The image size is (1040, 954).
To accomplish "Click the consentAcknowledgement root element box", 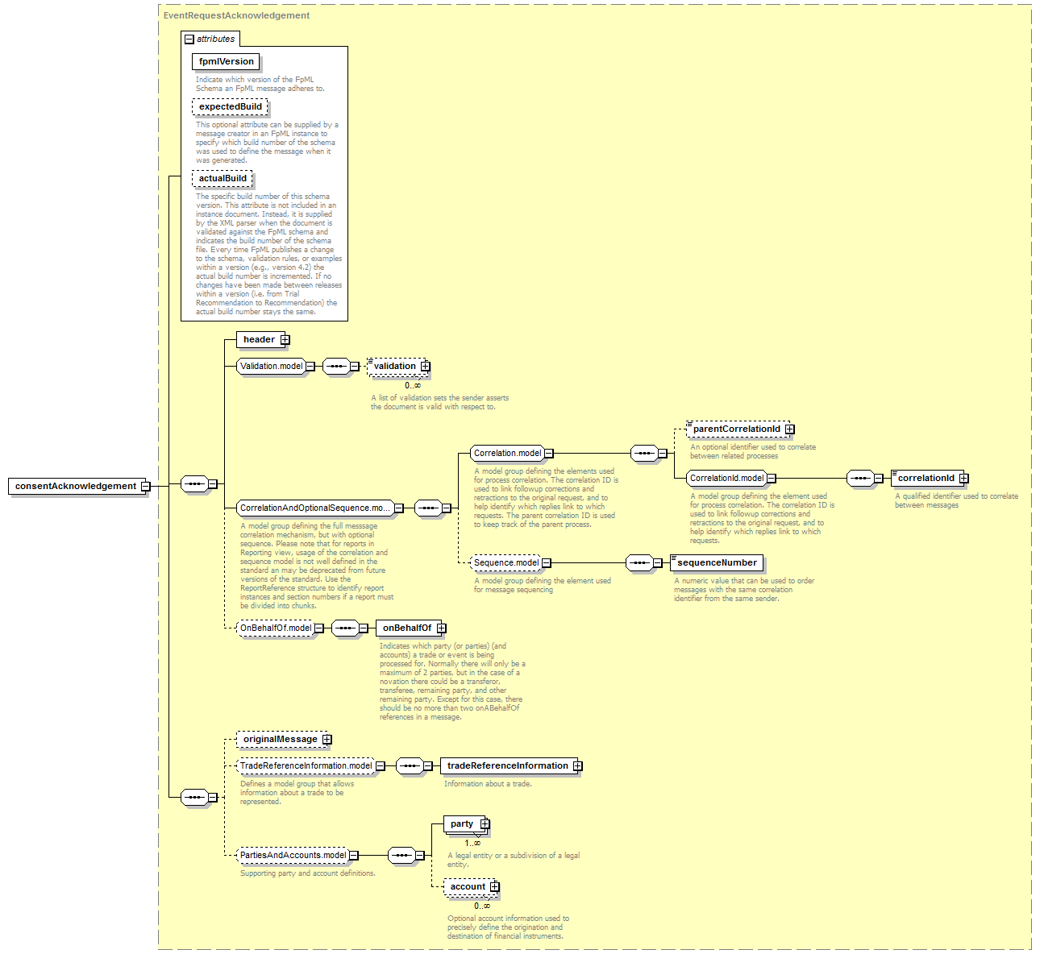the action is pos(77,486).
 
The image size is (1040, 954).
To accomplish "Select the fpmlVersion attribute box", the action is pos(226,62).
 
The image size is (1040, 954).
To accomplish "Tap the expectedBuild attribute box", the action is pos(230,106).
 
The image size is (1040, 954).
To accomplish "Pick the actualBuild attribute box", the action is pos(222,178).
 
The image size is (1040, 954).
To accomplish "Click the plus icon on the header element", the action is pos(285,339).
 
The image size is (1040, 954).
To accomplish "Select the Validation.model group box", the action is pos(271,367).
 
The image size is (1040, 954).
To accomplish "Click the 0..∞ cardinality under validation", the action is pos(413,385).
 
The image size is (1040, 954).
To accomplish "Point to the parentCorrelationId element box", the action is pos(738,429).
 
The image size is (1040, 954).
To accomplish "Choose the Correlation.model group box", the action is pos(507,454).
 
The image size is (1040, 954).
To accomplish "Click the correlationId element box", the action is pos(927,479).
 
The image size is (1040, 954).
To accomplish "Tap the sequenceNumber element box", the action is pos(717,562).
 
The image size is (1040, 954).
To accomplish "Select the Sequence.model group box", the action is pos(505,562).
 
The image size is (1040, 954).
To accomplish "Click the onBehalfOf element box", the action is pos(408,628).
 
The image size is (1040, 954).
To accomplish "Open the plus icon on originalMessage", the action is pos(327,740).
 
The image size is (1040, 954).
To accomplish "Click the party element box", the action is pos(464,824).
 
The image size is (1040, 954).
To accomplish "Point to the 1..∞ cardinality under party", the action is pos(472,843).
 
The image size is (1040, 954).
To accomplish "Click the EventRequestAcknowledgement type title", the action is pos(236,15).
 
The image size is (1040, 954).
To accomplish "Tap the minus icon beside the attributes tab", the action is pos(189,39).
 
